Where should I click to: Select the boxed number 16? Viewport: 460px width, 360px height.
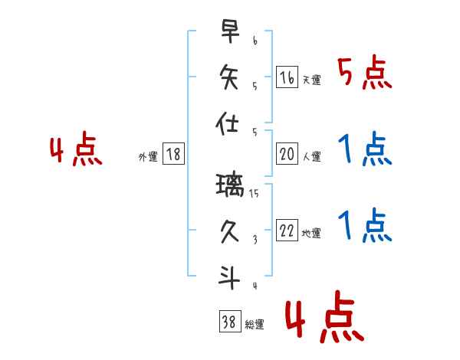coord(287,77)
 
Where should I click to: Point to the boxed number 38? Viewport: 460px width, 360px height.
coord(229,323)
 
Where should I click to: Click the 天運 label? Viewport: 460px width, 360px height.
coord(311,80)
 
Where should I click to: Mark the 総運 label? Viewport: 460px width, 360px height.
coord(255,325)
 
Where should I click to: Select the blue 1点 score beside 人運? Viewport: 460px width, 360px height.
coord(365,150)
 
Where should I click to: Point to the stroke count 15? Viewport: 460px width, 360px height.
coord(255,194)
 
